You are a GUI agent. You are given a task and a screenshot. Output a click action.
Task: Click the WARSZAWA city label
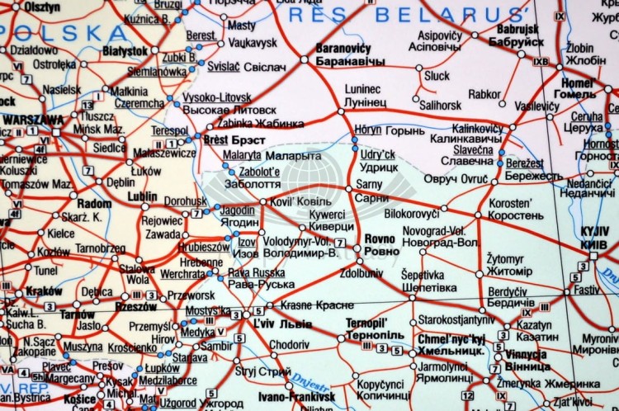pos(33,119)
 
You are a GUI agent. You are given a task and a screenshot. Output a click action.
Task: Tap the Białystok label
pos(125,50)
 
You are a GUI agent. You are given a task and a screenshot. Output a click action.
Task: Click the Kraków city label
pos(44,291)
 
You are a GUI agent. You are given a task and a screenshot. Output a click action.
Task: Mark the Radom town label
pos(93,203)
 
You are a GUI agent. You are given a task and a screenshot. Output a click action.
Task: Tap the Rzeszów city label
pos(136,306)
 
